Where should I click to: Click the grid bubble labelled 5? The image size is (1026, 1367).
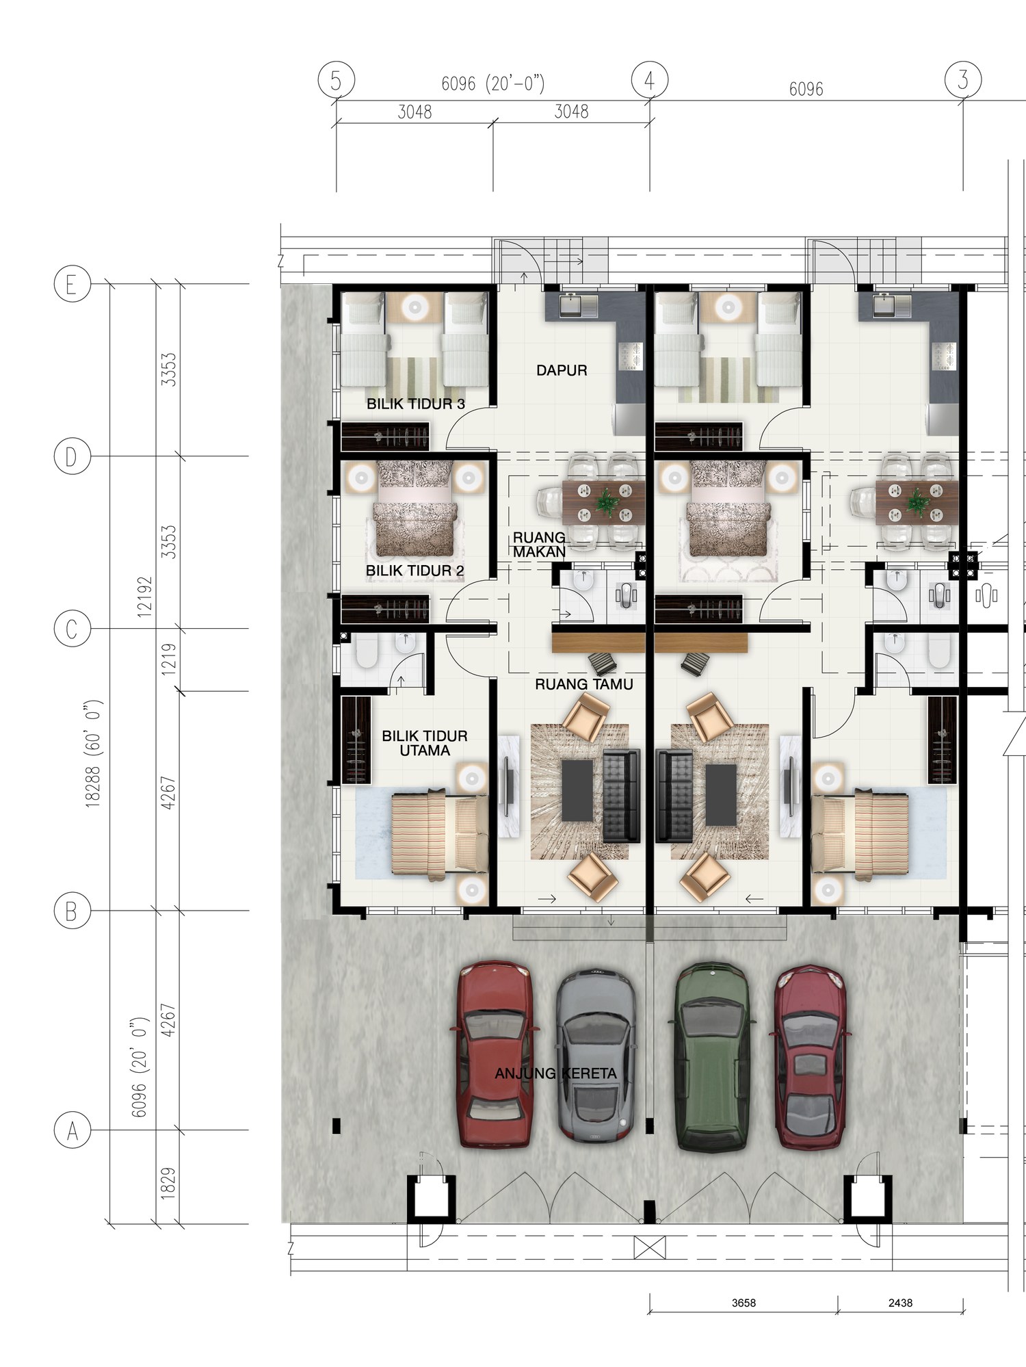point(336,80)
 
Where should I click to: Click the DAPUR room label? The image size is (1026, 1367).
point(562,370)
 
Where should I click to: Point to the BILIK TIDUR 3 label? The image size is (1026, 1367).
point(416,404)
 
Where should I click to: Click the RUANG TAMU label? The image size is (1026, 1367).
point(583,683)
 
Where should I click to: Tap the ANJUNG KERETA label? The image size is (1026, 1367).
point(555,1073)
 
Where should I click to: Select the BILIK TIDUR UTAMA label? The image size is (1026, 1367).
point(425,743)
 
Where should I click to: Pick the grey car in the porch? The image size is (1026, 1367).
point(595,1054)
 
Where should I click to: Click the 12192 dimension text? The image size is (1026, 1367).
point(144,597)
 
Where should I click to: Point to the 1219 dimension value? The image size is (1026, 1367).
point(168,660)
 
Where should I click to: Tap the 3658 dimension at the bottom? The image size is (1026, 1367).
point(744,1303)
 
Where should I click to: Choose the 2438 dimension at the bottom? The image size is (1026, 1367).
point(900,1303)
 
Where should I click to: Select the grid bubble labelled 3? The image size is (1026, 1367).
point(963,79)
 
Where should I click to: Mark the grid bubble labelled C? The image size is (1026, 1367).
point(72,629)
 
